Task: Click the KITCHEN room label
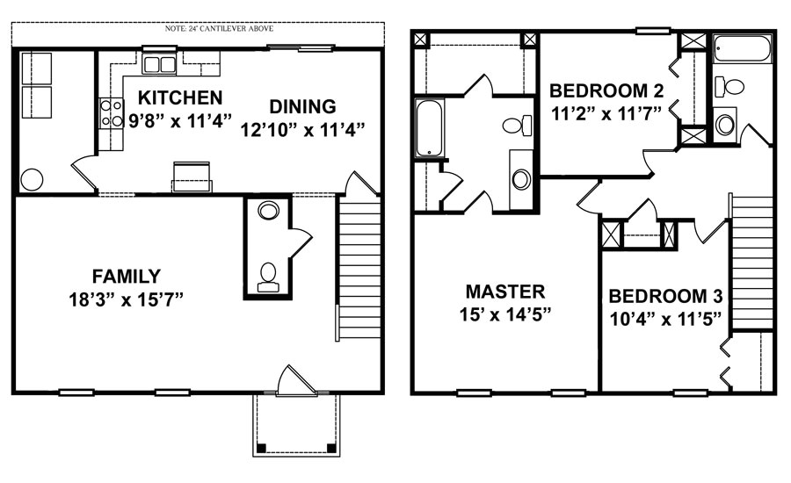pos(179,97)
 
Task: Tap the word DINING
pos(302,106)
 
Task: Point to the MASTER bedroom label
pos(505,292)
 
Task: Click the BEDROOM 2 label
pos(606,90)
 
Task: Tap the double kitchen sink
pos(159,64)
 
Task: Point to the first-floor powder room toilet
pos(268,275)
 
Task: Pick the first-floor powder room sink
pos(268,211)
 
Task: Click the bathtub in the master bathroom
pos(429,128)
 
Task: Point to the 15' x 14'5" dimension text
pos(505,315)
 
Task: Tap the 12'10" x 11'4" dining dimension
pos(302,129)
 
